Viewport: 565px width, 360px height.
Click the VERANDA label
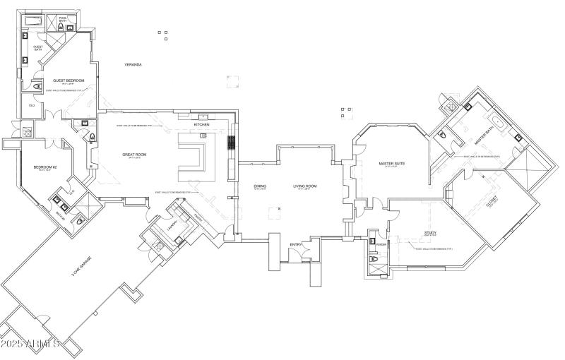pyautogui.click(x=133, y=64)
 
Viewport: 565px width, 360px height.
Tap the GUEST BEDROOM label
pyautogui.click(x=69, y=80)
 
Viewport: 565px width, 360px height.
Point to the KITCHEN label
pyautogui.click(x=202, y=124)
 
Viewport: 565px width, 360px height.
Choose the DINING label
pyautogui.click(x=260, y=186)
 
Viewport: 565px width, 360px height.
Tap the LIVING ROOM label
pyautogui.click(x=305, y=186)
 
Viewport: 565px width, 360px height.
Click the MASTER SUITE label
pyautogui.click(x=391, y=164)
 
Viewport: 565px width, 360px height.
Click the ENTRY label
pyautogui.click(x=296, y=244)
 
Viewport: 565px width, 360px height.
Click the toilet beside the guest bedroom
pyautogui.click(x=37, y=88)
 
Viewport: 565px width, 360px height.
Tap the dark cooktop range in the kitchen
pyautogui.click(x=230, y=143)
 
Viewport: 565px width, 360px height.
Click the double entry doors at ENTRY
pyautogui.click(x=296, y=263)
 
